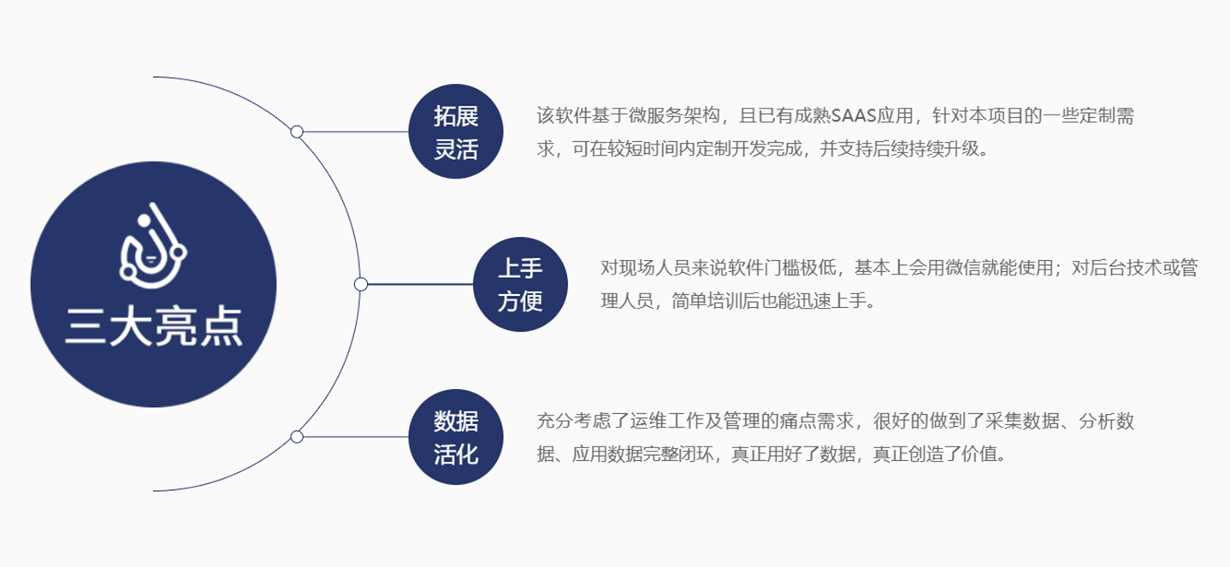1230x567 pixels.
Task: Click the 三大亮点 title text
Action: coord(154,327)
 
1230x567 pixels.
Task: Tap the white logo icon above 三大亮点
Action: coord(153,245)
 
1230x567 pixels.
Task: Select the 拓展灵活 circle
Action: coord(456,132)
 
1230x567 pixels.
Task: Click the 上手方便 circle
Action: coord(520,284)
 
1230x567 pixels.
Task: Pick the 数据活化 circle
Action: coord(456,437)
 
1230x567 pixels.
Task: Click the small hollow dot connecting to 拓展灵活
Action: coord(297,132)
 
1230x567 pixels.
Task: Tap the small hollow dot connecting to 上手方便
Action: coord(361,284)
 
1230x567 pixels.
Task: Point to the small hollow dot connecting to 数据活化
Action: coord(297,437)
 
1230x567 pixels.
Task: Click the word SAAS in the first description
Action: coord(854,115)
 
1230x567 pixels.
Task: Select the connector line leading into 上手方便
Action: coord(420,284)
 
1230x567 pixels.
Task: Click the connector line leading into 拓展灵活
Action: coord(356,132)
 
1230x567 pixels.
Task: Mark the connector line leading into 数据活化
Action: coord(356,437)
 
